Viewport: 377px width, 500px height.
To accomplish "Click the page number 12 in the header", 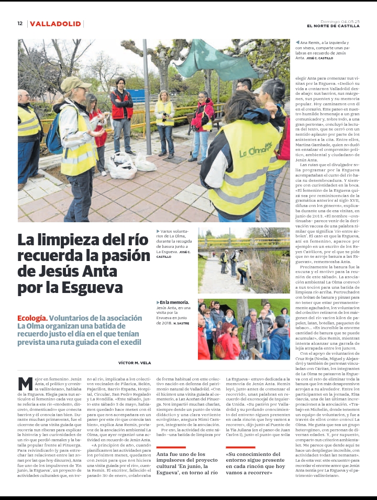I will [x=20, y=24].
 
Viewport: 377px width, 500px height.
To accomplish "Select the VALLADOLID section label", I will [x=56, y=24].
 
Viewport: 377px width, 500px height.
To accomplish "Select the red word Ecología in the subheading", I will [x=32, y=318].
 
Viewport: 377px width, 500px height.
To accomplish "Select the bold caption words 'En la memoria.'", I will [x=175, y=302].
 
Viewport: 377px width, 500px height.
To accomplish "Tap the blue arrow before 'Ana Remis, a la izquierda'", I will [x=297, y=42].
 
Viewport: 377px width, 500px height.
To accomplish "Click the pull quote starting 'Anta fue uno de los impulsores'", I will [x=187, y=461].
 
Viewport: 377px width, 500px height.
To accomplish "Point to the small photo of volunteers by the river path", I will [x=243, y=260].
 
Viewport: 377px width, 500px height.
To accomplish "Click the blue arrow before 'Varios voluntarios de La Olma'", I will [x=158, y=231].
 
